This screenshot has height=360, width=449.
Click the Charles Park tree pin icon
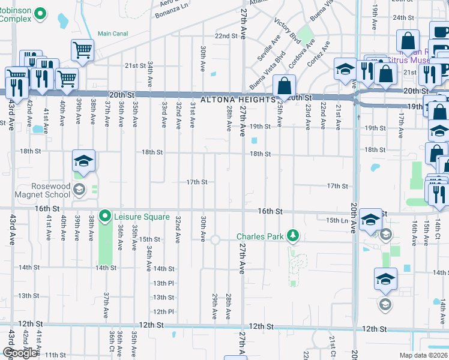click(292, 236)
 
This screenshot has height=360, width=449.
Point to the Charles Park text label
click(259, 236)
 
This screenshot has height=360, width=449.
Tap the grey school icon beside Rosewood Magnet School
click(78, 191)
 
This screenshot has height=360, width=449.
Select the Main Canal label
click(113, 34)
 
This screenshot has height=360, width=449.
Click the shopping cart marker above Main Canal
click(82, 50)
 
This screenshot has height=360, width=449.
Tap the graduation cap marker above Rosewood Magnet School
click(84, 161)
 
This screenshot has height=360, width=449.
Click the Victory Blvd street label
click(287, 30)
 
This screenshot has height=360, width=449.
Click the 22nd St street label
click(226, 36)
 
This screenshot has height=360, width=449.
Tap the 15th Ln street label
click(337, 221)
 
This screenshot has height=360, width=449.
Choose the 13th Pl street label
click(163, 283)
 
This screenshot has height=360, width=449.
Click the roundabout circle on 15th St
click(215, 239)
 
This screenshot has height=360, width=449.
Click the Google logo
click(20, 353)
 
